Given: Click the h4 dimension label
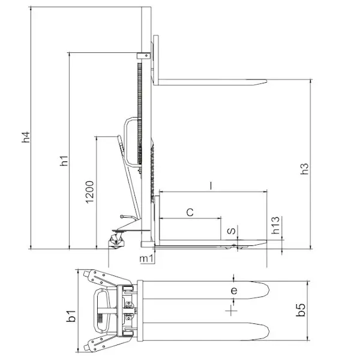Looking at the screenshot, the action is (26, 137).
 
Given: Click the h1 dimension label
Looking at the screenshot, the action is (64, 160).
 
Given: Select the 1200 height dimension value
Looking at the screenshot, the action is (90, 192).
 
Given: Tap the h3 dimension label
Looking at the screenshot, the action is (304, 169).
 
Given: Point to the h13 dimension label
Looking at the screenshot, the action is (275, 225).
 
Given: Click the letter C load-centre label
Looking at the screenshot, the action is (190, 212).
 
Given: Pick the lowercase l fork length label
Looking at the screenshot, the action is (211, 185).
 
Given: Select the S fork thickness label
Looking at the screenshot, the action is (232, 231).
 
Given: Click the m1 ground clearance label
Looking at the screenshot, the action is (146, 259).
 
